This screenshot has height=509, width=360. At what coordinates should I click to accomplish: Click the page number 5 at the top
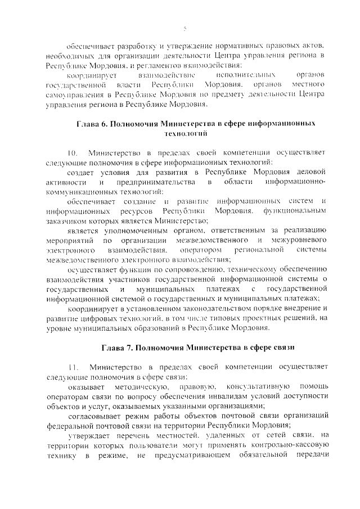coord(184,29)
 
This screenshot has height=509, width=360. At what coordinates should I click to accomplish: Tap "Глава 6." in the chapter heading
coord(92,124)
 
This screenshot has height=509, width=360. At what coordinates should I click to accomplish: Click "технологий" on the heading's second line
coord(184,134)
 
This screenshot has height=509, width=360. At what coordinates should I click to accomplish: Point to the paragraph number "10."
coord(73,153)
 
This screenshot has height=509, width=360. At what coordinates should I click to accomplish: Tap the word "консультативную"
coord(258,387)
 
